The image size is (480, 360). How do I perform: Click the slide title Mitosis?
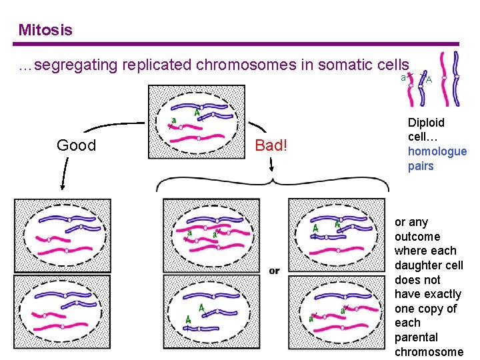point(45,30)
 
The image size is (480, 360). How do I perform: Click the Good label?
point(76,145)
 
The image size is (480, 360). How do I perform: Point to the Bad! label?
point(270,145)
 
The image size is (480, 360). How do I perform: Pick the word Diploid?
point(426,123)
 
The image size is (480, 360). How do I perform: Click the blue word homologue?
point(437,151)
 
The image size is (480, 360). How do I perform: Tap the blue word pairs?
point(421,166)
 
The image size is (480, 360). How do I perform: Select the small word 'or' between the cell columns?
point(274,271)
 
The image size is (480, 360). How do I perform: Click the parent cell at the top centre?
point(197,124)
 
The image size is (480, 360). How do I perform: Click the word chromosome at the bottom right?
point(428,352)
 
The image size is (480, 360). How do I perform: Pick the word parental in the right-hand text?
point(416,337)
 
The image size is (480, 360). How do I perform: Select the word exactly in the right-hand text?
point(443,294)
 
